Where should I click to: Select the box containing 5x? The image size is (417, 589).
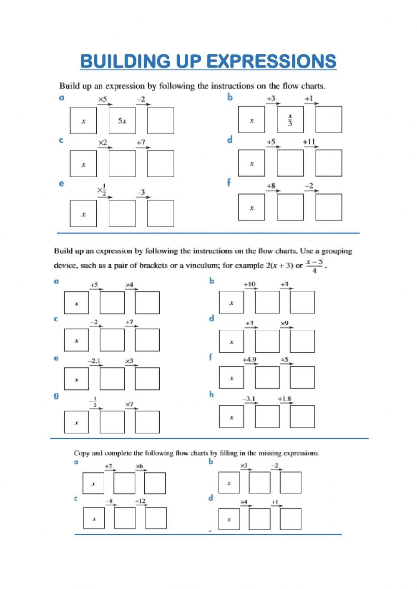point(122,121)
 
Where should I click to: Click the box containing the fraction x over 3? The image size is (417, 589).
point(290,120)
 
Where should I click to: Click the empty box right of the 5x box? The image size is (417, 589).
point(161,121)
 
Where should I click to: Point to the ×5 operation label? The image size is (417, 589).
point(103,99)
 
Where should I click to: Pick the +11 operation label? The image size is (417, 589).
point(309,142)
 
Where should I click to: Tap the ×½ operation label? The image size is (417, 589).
point(102,190)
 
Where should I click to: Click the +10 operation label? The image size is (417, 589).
point(249,284)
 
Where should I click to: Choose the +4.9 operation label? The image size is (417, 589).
point(249,359)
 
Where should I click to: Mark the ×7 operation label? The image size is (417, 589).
point(129,404)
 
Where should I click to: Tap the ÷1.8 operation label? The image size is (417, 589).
point(284,399)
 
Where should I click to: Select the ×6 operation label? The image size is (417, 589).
point(139,466)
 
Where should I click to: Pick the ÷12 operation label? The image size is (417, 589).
point(140,501)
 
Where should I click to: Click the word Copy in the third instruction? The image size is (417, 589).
point(82,453)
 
